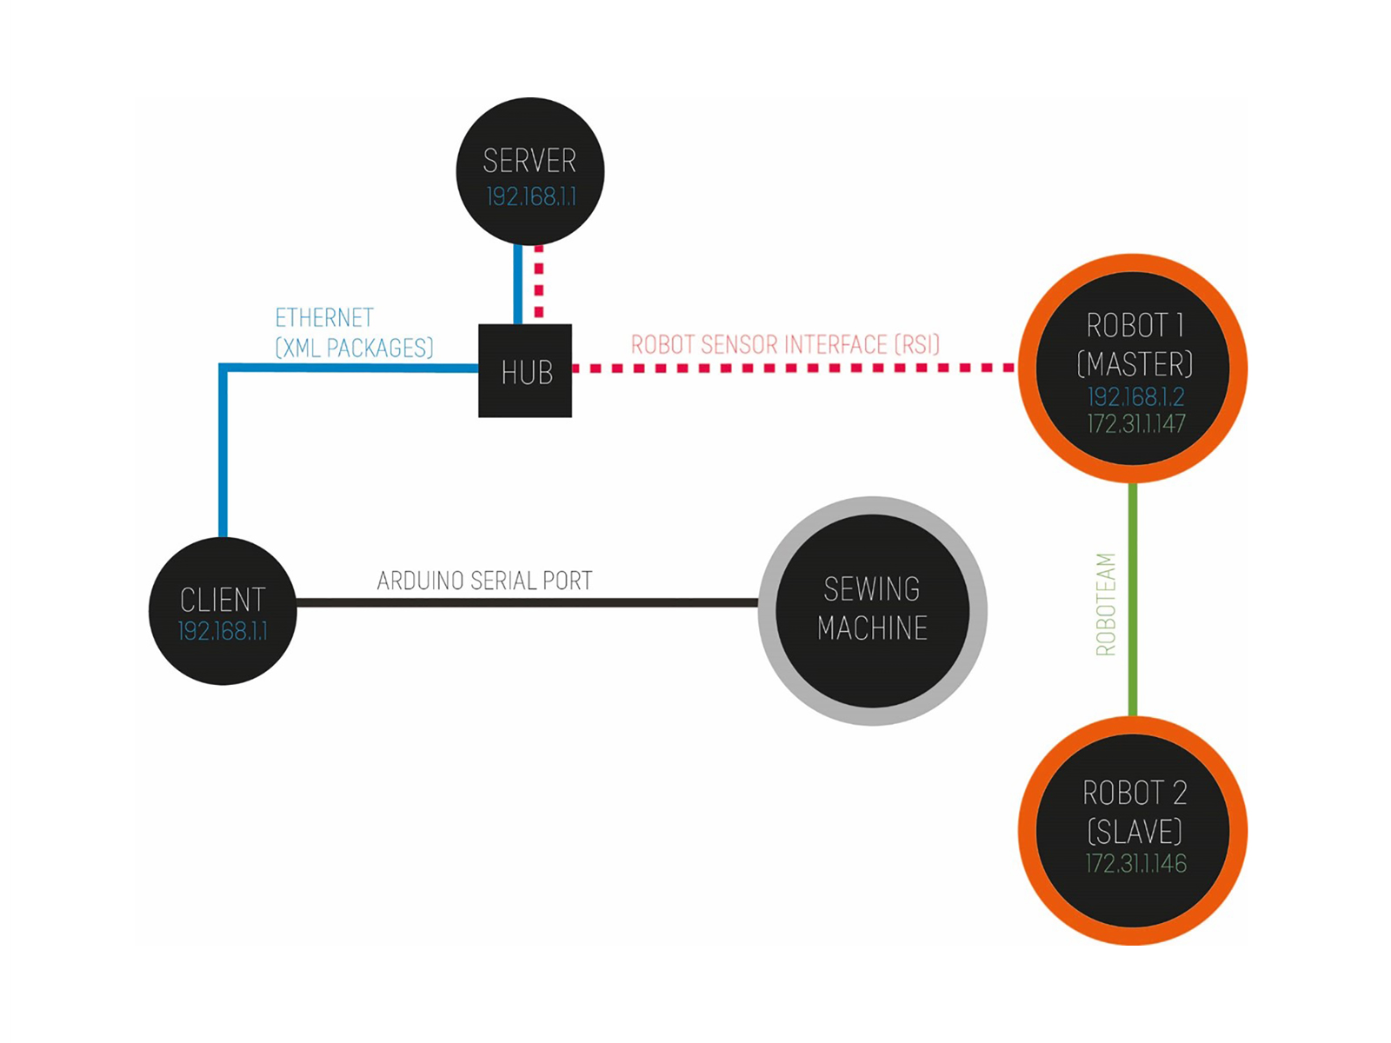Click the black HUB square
coord(525,371)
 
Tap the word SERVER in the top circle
coord(529,161)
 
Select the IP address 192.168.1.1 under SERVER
coord(530,197)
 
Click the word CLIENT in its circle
coord(223,600)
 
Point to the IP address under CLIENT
coord(223,631)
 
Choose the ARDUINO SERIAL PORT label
coord(484,581)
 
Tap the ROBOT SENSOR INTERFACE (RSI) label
coord(785,345)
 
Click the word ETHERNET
coord(324,317)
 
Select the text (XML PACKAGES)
coord(354,348)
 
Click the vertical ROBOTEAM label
coord(1105,604)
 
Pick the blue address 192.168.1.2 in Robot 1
coord(1135,397)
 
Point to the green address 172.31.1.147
coord(1135,424)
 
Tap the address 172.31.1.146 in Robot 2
coord(1135,864)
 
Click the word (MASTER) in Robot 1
coord(1135,363)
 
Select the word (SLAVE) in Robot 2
coord(1135,832)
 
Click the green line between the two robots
coord(1133,600)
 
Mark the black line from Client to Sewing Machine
coord(527,602)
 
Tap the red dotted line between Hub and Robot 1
coord(791,369)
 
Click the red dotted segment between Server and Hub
coord(539,282)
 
